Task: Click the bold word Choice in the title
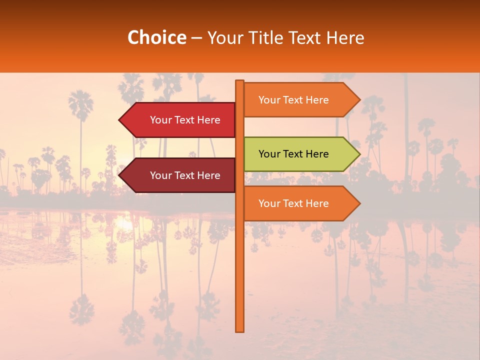(x=156, y=37)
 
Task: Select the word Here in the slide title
(x=345, y=37)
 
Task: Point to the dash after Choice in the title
(x=196, y=38)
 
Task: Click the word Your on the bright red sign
(x=160, y=120)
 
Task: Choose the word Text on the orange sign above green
(x=293, y=100)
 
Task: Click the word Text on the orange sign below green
(x=293, y=203)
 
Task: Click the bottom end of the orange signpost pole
(x=240, y=330)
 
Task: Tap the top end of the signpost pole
(x=240, y=81)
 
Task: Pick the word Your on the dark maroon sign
(x=160, y=175)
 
